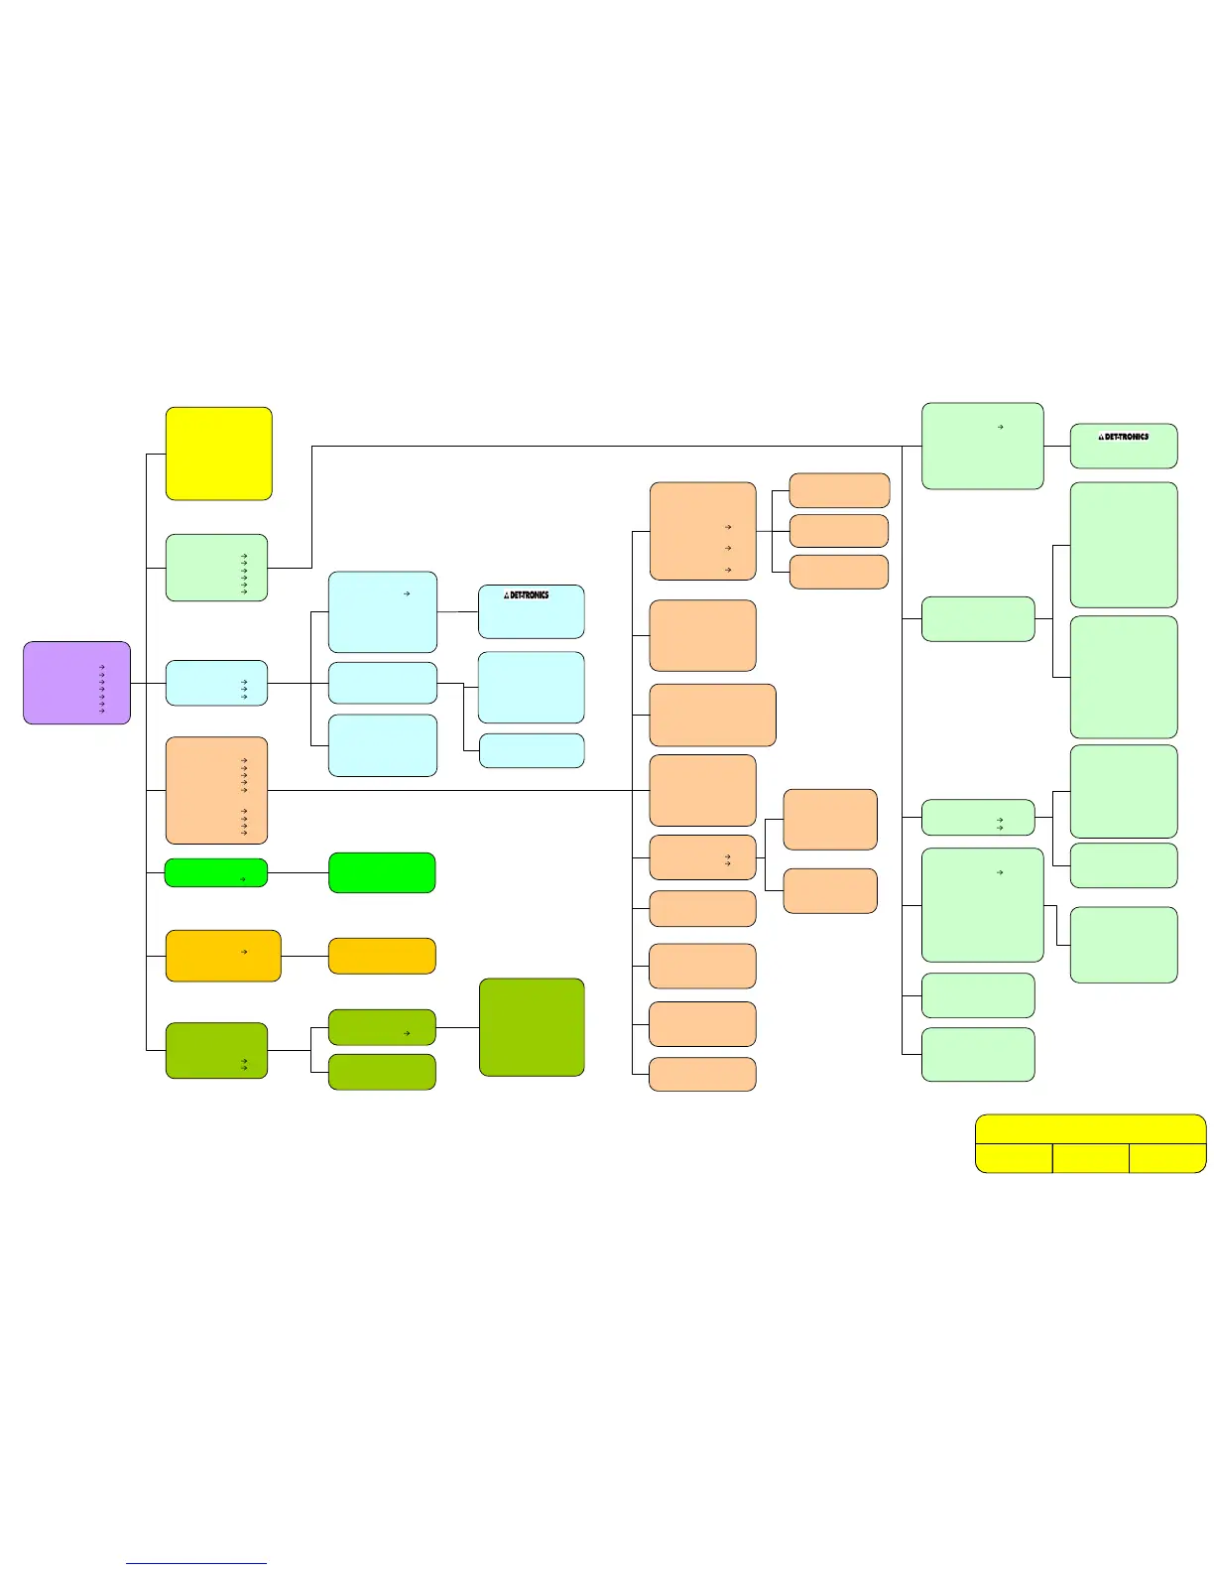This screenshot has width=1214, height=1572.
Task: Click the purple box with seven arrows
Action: pyautogui.click(x=76, y=683)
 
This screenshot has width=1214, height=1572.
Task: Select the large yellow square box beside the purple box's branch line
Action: pyautogui.click(x=218, y=454)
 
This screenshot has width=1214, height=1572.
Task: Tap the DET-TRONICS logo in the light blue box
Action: pyautogui.click(x=527, y=595)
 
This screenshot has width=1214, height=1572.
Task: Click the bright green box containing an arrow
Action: pyautogui.click(x=215, y=873)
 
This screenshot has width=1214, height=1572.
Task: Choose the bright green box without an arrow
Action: pyautogui.click(x=382, y=873)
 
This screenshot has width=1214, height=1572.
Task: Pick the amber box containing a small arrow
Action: pyautogui.click(x=222, y=956)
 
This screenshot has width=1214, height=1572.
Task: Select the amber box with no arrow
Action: pyautogui.click(x=382, y=956)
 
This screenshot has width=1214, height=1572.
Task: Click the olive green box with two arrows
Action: pyautogui.click(x=216, y=1050)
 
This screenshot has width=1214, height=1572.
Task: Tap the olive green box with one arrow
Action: pyautogui.click(x=382, y=1027)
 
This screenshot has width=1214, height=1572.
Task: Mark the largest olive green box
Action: pyautogui.click(x=532, y=1027)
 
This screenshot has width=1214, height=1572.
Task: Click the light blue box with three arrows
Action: pyautogui.click(x=216, y=683)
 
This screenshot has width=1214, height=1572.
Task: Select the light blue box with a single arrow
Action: pyautogui.click(x=382, y=611)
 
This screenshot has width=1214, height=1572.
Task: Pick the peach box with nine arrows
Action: pyautogui.click(x=216, y=790)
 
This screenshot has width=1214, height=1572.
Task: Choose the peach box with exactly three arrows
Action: pyautogui.click(x=702, y=531)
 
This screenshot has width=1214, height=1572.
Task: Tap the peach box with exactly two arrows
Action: pyautogui.click(x=702, y=857)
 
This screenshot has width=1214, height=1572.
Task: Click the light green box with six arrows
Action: pyautogui.click(x=216, y=568)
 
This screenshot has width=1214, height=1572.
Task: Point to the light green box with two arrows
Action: pyautogui.click(x=978, y=818)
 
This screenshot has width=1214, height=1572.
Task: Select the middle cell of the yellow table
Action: pyautogui.click(x=1090, y=1158)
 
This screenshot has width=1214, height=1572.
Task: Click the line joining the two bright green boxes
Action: pyautogui.click(x=298, y=873)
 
